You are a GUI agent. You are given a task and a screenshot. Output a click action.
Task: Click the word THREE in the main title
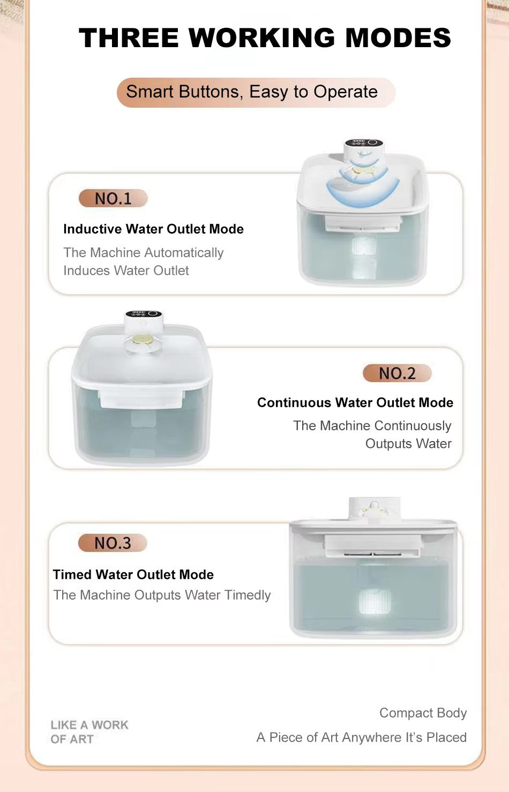tap(129, 38)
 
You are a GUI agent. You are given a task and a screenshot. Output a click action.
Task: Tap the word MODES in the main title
tap(398, 38)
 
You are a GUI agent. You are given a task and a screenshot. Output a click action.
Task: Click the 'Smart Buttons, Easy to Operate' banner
tap(256, 92)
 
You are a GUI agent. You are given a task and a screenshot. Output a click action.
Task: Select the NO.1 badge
tap(113, 198)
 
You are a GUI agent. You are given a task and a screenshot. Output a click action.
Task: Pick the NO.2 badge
tap(398, 373)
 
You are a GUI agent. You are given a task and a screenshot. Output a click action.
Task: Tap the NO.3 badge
tap(113, 543)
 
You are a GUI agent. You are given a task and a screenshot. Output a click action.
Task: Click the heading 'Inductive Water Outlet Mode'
tap(153, 229)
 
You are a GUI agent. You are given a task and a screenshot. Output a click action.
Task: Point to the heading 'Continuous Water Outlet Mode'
tap(355, 402)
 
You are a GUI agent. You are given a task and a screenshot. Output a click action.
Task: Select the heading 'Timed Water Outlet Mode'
tap(133, 574)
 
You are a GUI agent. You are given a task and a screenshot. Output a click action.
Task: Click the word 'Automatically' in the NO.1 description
tap(184, 253)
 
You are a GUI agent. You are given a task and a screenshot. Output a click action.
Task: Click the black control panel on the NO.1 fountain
tap(364, 143)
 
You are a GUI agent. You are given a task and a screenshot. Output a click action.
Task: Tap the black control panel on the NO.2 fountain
tap(144, 314)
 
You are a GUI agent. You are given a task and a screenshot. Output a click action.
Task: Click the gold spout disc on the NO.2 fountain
tap(143, 340)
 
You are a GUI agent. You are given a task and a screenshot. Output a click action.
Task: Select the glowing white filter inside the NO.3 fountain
tap(374, 602)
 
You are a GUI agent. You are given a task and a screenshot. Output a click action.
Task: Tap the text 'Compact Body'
tap(423, 713)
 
